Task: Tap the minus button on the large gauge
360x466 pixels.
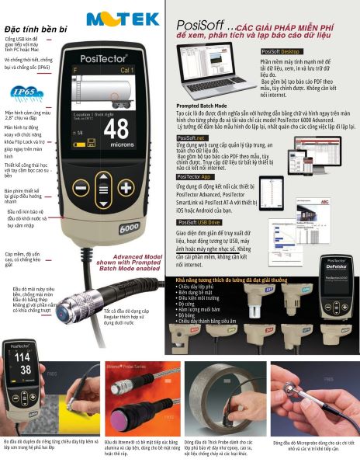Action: tap(81, 188)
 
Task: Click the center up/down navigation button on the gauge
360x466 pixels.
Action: tap(103, 188)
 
